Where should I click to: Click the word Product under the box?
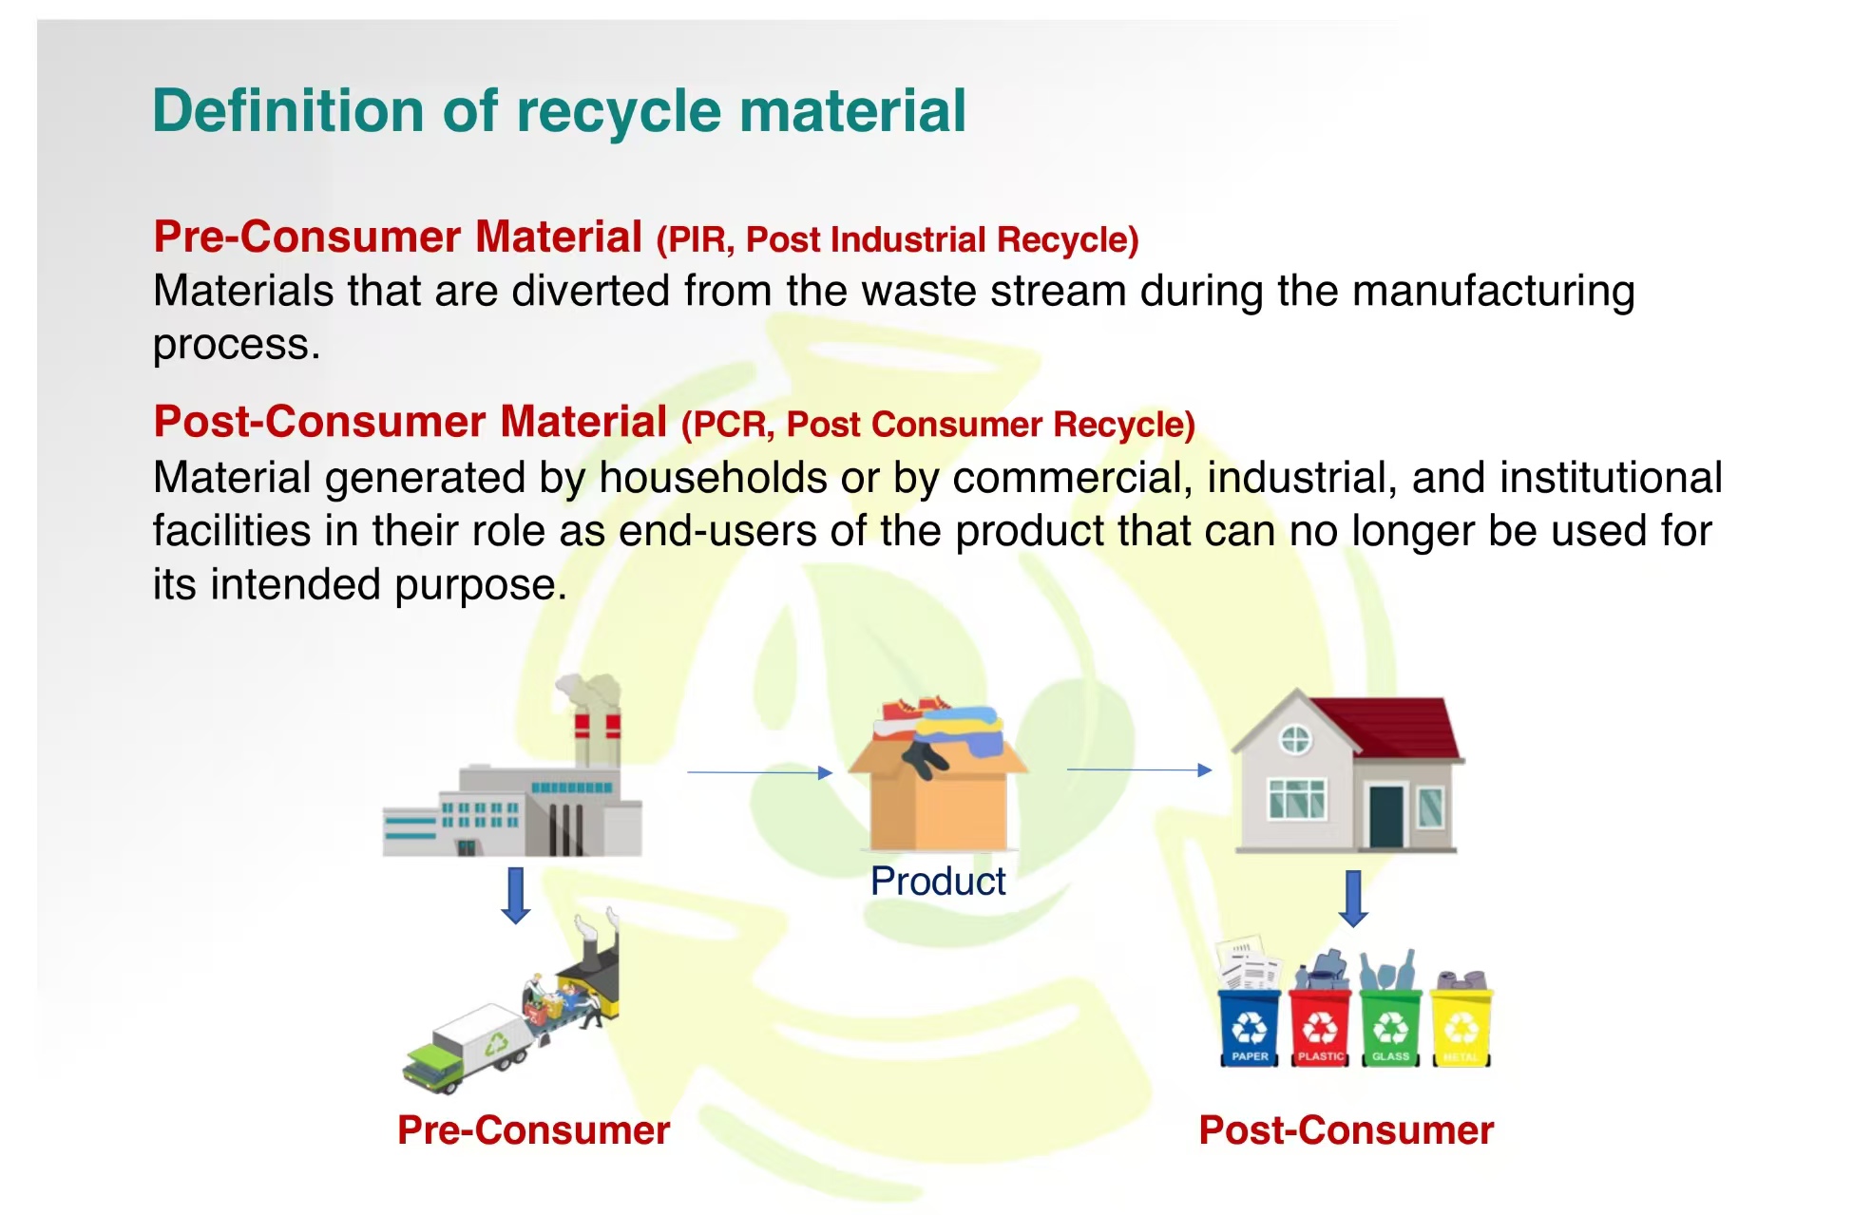(938, 882)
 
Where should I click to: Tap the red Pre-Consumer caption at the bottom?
(534, 1130)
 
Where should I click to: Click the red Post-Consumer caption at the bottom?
(1347, 1130)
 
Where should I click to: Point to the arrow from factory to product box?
(760, 772)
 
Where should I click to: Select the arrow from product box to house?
(1140, 769)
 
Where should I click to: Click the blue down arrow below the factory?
(516, 895)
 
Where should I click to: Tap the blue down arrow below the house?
(1353, 899)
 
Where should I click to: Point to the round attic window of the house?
(1295, 739)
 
